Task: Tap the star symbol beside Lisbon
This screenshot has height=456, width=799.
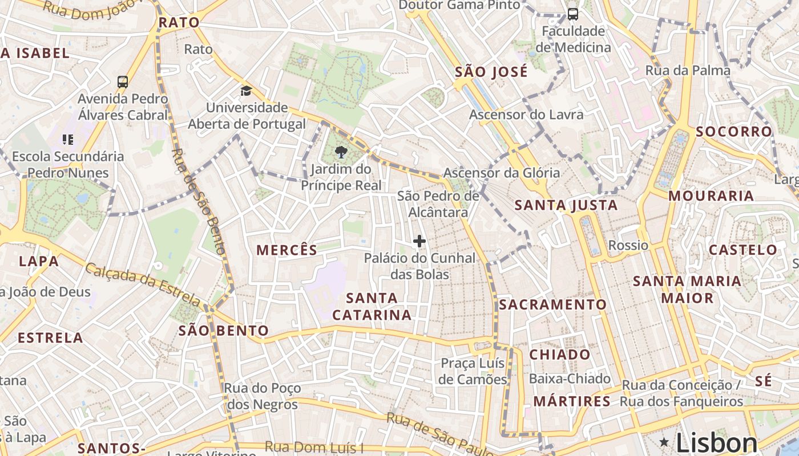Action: [x=664, y=442]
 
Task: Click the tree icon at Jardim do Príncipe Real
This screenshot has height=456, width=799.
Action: [x=341, y=152]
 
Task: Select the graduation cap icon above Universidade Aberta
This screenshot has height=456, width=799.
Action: [x=246, y=91]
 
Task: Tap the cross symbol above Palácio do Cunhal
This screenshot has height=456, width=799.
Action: [x=419, y=241]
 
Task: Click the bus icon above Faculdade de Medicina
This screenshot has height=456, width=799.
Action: [x=572, y=14]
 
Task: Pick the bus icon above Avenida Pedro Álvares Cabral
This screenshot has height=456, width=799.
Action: [x=123, y=82]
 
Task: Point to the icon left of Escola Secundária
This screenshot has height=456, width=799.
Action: [x=68, y=139]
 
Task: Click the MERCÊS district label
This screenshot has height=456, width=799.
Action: [x=286, y=250]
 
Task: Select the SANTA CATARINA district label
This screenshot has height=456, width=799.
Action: [x=372, y=306]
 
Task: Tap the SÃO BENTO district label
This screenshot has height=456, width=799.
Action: [x=224, y=331]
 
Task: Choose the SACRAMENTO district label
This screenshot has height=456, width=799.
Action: [x=552, y=304]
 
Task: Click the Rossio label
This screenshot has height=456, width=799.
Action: [x=628, y=245]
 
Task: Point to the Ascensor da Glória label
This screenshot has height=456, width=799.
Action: [x=502, y=173]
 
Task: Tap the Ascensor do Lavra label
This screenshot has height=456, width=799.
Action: [x=526, y=115]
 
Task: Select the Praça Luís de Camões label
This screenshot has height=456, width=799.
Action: [x=473, y=371]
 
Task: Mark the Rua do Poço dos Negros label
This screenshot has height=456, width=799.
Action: [x=262, y=396]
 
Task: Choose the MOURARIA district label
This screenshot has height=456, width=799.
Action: [x=711, y=196]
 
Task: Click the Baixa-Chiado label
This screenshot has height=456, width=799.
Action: [x=570, y=378]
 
